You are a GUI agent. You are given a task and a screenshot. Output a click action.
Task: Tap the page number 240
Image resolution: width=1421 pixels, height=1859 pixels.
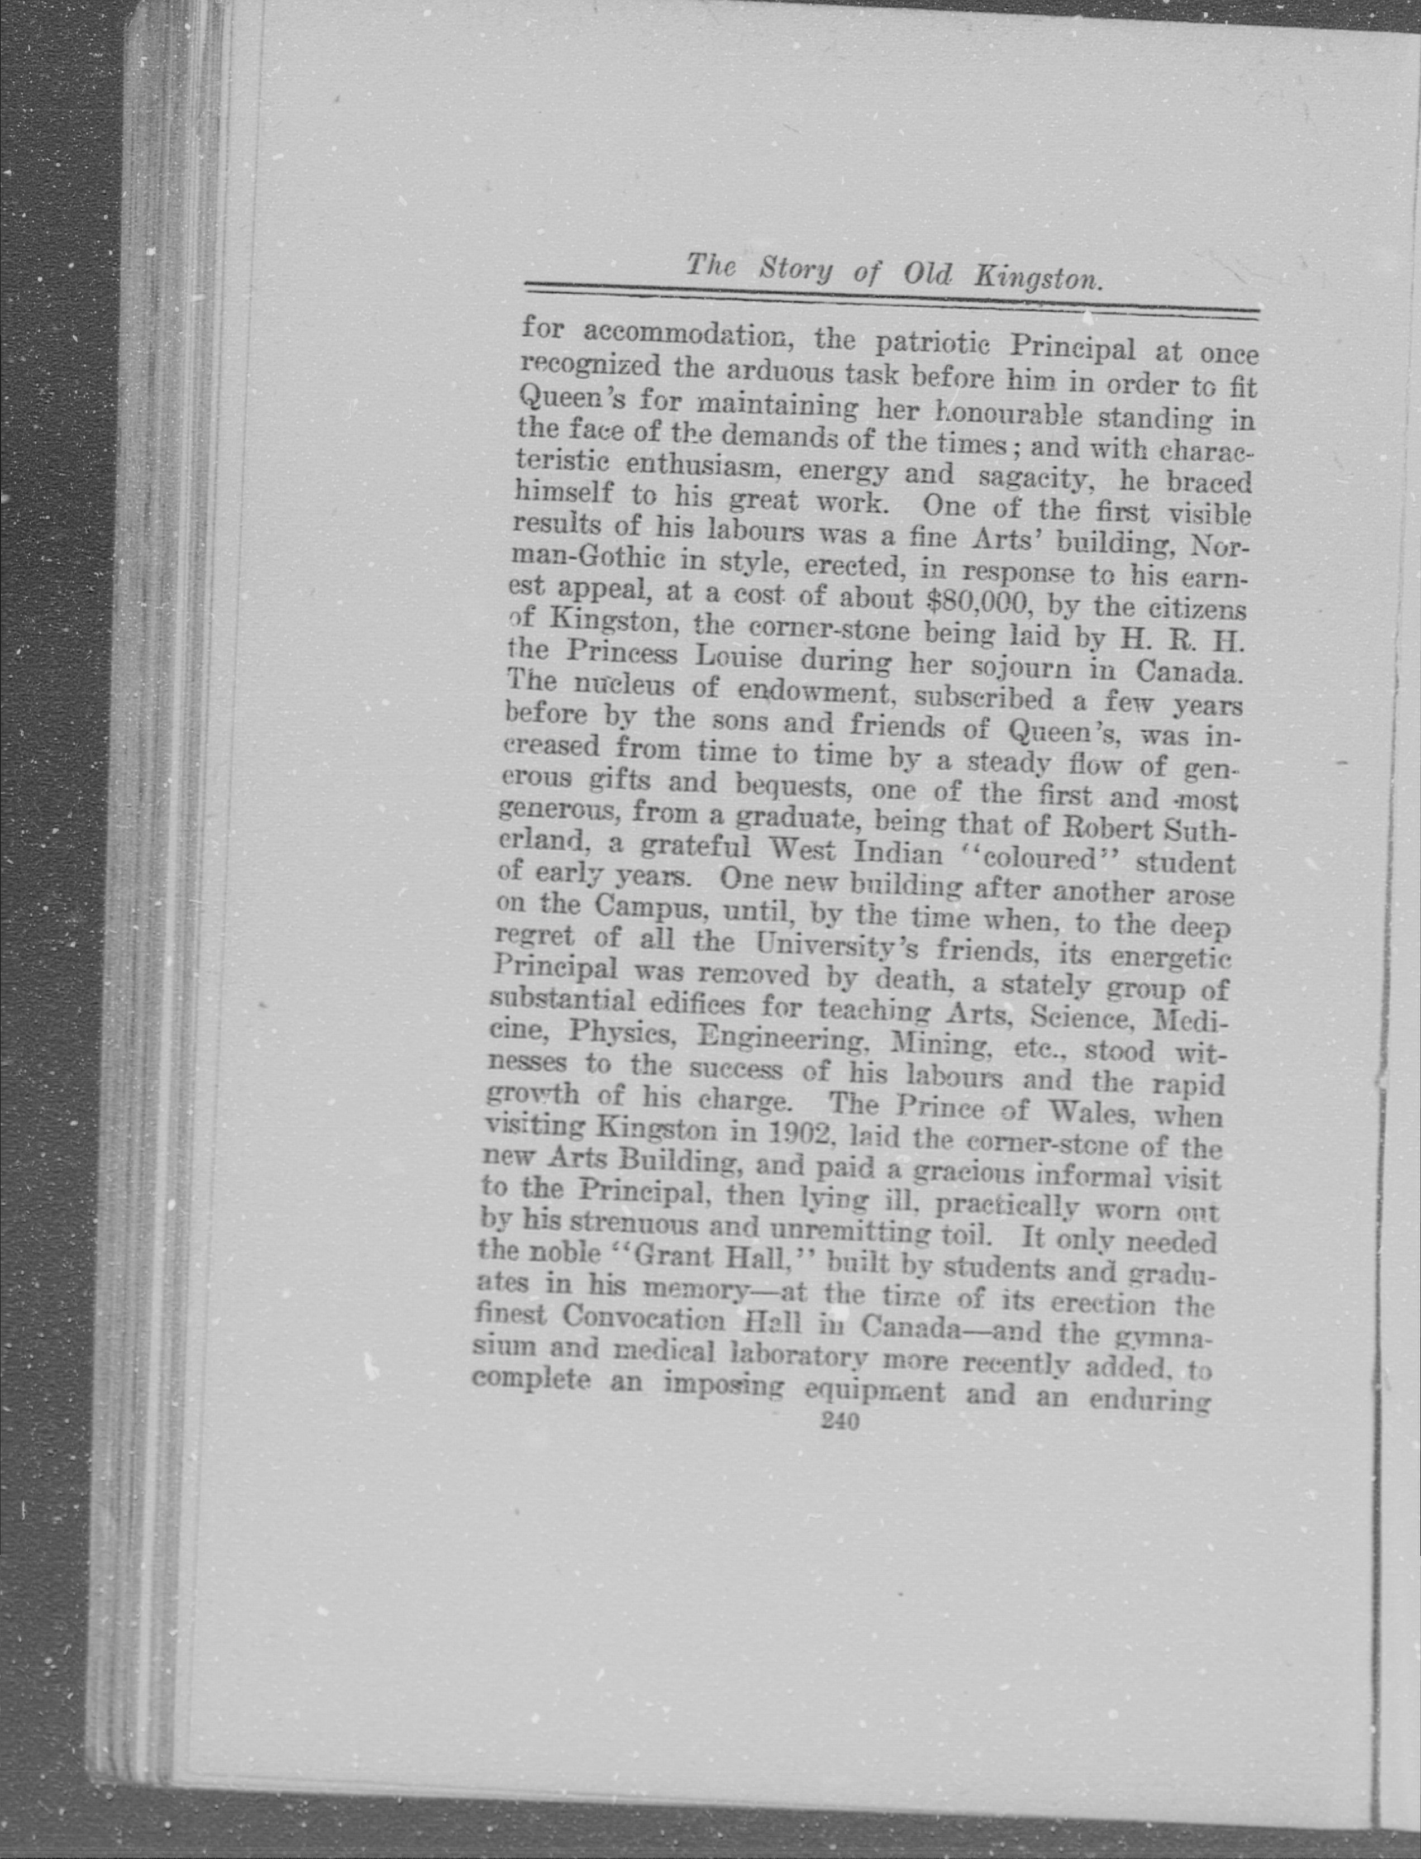tap(840, 1422)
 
